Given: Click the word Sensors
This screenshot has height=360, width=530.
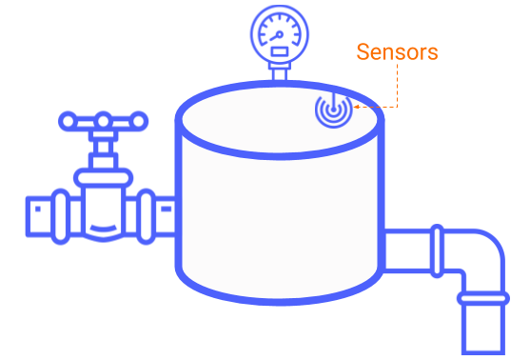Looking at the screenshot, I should pyautogui.click(x=397, y=52).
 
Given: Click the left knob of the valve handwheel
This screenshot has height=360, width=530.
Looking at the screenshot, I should pyautogui.click(x=67, y=121).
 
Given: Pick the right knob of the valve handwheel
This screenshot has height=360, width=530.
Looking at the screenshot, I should pyautogui.click(x=140, y=121).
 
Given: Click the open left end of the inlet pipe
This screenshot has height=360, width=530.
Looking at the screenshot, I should pyautogui.click(x=32, y=216).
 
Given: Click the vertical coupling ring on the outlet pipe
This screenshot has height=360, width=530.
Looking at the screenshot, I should pyautogui.click(x=437, y=253).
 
